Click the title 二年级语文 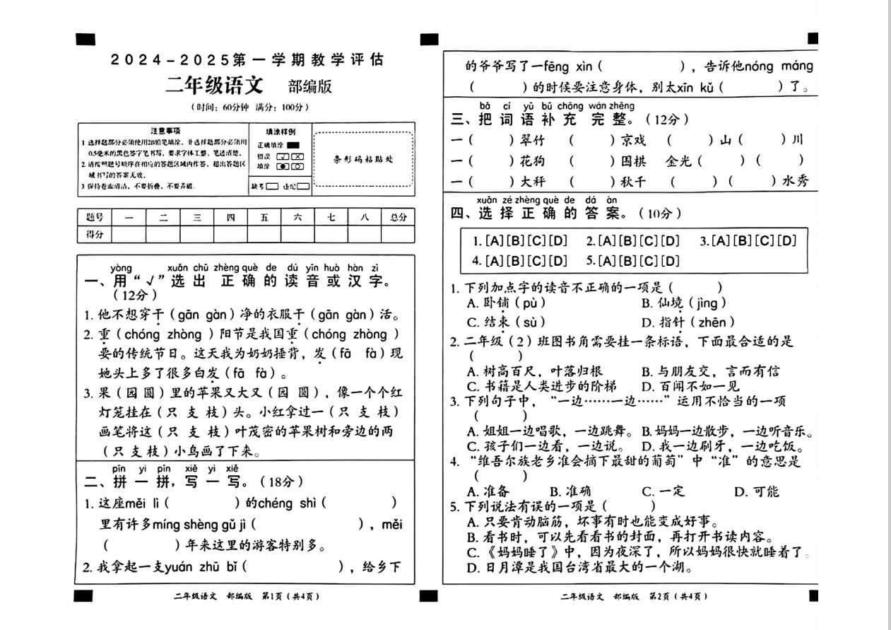tap(214, 86)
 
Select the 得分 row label tap(94, 235)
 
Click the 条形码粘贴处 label tap(364, 159)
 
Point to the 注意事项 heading tap(165, 131)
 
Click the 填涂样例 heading tap(281, 132)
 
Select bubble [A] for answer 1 tap(492, 240)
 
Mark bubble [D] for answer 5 tap(671, 260)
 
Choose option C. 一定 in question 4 tap(663, 491)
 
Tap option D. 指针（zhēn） tap(683, 322)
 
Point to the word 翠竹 tap(533, 140)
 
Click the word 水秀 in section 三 tap(796, 181)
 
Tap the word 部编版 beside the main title tap(309, 87)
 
